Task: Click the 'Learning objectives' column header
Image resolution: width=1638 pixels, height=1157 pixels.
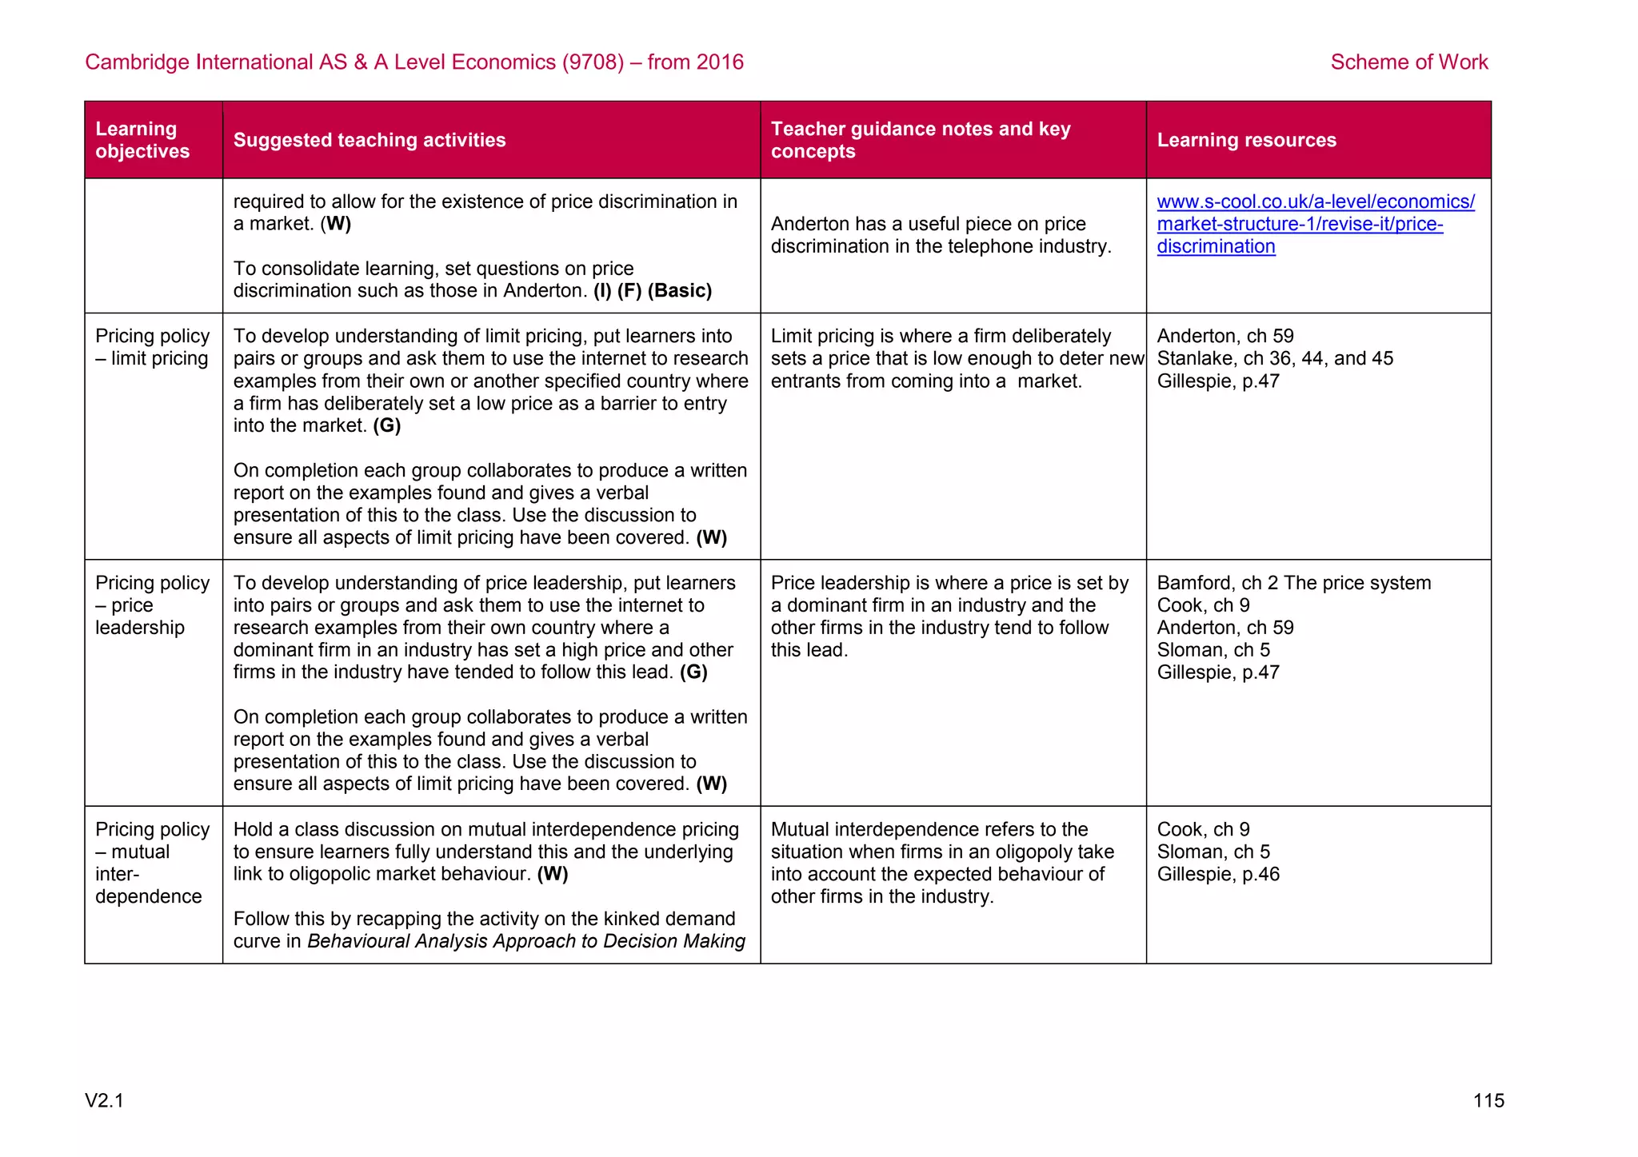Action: click(142, 140)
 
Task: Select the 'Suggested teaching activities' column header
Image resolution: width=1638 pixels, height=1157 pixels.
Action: click(369, 140)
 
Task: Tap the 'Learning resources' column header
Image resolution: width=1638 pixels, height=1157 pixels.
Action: click(1245, 140)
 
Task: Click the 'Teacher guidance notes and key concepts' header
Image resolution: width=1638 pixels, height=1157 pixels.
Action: click(920, 140)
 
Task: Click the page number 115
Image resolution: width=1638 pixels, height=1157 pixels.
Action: click(1488, 1100)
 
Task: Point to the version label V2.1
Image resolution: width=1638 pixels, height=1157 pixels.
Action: click(104, 1100)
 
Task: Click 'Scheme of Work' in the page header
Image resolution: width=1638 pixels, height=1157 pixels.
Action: click(1408, 62)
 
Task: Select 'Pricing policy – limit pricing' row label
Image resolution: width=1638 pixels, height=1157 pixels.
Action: click(152, 347)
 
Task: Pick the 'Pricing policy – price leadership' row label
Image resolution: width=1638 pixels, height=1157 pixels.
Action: click(152, 604)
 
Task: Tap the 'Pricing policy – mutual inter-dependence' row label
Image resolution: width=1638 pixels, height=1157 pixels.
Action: click(152, 862)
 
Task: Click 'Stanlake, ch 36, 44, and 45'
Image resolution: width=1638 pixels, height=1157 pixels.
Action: click(1274, 358)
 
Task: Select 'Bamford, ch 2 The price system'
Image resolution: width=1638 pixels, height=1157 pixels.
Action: click(1293, 582)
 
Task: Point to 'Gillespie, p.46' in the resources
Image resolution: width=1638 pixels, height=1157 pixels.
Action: click(1217, 874)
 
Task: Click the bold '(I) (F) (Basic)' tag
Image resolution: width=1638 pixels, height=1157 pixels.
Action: click(652, 290)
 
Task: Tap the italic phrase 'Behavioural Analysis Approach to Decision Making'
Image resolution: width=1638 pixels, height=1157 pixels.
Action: click(525, 941)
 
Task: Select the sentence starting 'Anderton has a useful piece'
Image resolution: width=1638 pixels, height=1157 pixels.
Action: click(941, 235)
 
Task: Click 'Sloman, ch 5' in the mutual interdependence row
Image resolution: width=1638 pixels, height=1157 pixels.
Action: click(1213, 852)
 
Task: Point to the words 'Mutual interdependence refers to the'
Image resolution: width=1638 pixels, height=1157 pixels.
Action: click(929, 829)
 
